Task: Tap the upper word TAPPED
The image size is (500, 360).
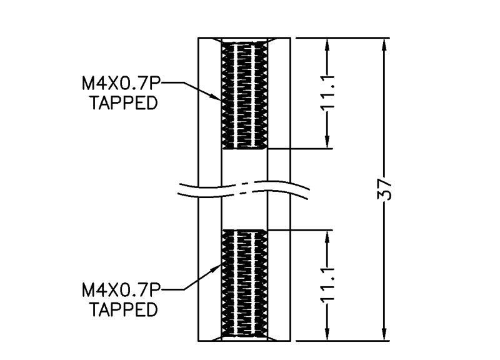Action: click(122, 102)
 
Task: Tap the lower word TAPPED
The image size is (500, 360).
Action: click(122, 310)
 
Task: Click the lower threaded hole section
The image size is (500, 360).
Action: click(245, 284)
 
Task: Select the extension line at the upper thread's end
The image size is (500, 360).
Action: click(300, 149)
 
